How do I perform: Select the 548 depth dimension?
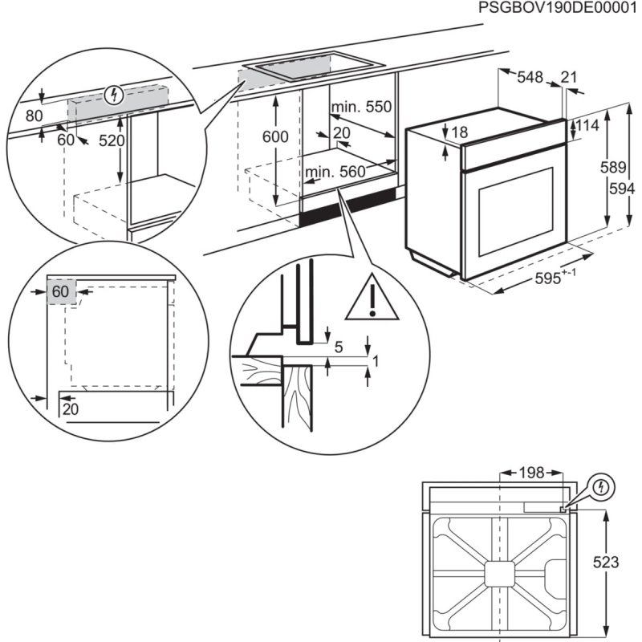coord(530,77)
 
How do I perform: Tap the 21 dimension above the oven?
coord(569,77)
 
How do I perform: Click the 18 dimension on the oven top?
coord(458,132)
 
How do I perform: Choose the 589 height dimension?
coord(613,168)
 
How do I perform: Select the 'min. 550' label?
coord(361,107)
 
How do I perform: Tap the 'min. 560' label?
coord(335,171)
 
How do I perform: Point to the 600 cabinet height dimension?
coord(275,136)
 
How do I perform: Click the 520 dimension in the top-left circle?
coord(112,140)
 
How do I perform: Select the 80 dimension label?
coord(34,116)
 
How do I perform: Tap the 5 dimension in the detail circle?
coord(338,347)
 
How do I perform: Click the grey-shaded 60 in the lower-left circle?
coord(61,291)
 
